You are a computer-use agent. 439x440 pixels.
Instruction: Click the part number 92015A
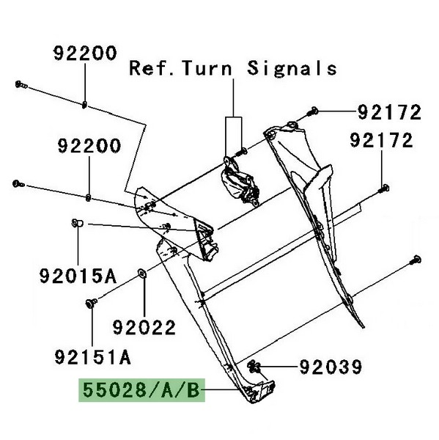tap(78, 276)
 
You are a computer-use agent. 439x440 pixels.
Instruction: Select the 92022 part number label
tap(144, 327)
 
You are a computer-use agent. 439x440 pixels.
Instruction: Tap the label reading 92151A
tap(92, 357)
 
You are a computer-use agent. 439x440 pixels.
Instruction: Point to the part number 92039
tap(331, 367)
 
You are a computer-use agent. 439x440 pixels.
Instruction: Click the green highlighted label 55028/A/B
tap(141, 390)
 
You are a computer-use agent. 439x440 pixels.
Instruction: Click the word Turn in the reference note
tap(207, 68)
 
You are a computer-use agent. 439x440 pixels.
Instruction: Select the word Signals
tap(292, 68)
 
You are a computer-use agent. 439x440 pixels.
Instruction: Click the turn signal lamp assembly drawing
tap(240, 183)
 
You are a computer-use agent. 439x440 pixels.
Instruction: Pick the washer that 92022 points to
tap(142, 273)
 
